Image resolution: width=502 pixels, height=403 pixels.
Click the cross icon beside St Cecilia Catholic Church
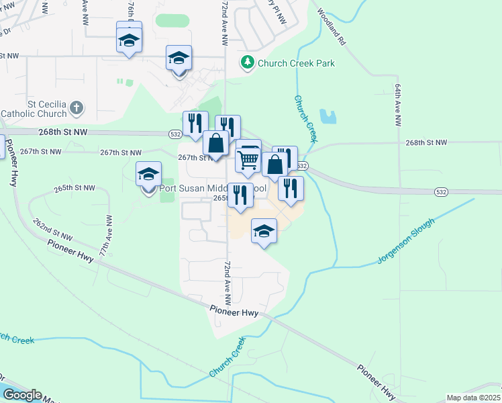77,107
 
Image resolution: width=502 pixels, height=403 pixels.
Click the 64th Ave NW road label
398,106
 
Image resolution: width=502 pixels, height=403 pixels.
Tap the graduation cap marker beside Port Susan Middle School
148,176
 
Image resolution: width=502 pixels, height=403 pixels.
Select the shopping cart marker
248,160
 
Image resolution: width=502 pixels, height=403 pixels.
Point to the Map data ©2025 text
473,398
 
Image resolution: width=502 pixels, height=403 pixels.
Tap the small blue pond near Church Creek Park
328,117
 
